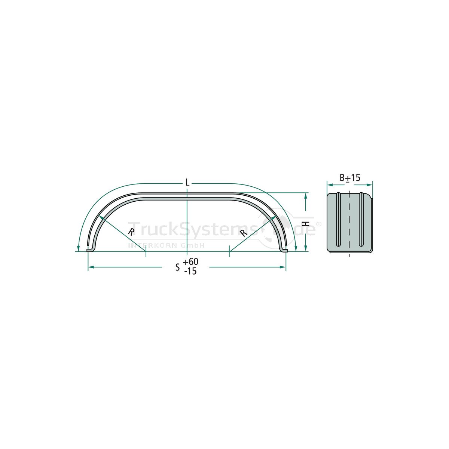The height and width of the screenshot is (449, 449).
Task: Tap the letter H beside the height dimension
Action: [x=307, y=224]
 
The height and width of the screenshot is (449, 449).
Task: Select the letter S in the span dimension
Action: [x=178, y=267]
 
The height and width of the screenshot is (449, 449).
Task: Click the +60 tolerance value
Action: [x=190, y=262]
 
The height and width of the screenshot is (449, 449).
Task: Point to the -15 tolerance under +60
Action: [x=190, y=271]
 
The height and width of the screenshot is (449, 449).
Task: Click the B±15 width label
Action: [x=350, y=178]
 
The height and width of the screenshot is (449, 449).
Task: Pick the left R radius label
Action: [x=131, y=232]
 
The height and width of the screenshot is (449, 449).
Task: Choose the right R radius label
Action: [x=244, y=233]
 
